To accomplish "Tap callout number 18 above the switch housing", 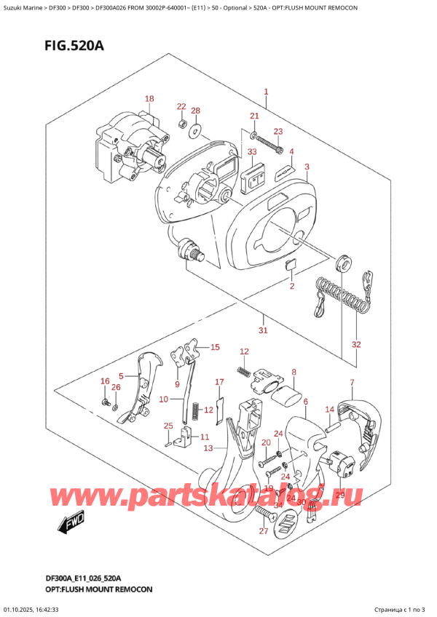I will pyautogui.click(x=149, y=99).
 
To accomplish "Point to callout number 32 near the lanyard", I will pyautogui.click(x=355, y=344).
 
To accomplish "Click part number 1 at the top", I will pyautogui.click(x=267, y=92).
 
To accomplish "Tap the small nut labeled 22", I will pyautogui.click(x=181, y=124).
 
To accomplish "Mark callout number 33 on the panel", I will pyautogui.click(x=252, y=152).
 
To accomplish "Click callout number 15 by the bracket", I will pyautogui.click(x=215, y=348).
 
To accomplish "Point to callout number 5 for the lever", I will pyautogui.click(x=122, y=376).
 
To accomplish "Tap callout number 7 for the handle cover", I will pyautogui.click(x=352, y=383).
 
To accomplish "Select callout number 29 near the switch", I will pyautogui.click(x=339, y=494).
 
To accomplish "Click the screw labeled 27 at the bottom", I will pyautogui.click(x=263, y=514).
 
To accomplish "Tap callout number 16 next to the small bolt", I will pyautogui.click(x=104, y=381).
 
